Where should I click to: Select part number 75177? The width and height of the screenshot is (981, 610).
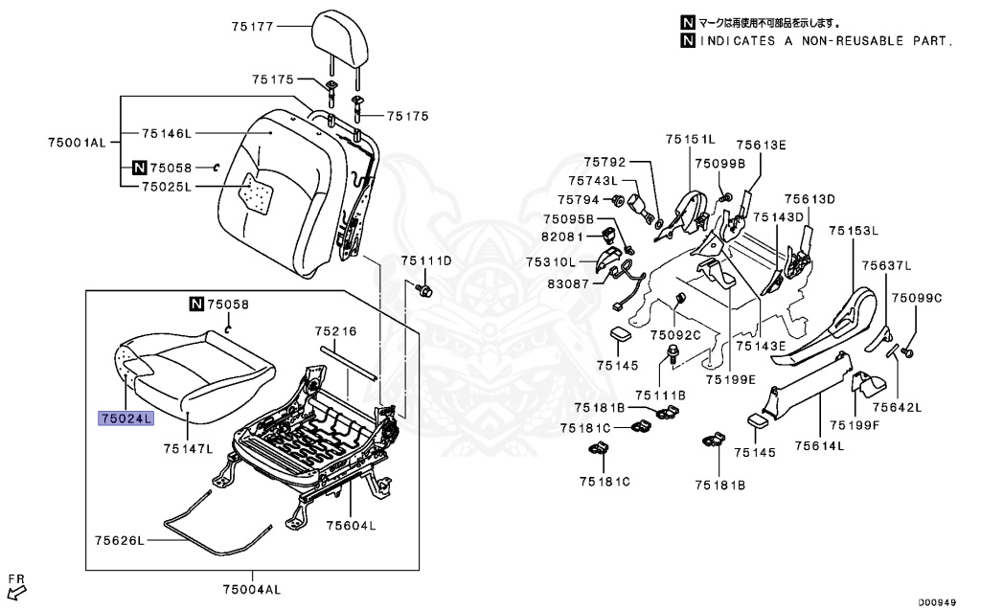point(253,28)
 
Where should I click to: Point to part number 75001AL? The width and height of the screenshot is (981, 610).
point(78,142)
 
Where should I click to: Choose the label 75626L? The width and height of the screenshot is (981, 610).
point(119,541)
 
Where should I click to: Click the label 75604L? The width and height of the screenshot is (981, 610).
point(351,525)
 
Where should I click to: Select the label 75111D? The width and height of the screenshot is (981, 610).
point(425,260)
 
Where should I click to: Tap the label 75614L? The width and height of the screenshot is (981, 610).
point(818,445)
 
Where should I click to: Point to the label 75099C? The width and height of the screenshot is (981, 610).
point(917,298)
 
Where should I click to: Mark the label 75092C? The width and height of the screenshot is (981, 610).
point(675,334)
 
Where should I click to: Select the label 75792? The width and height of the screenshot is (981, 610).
point(605,162)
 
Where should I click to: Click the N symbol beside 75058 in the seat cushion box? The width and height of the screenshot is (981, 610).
point(195,305)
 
